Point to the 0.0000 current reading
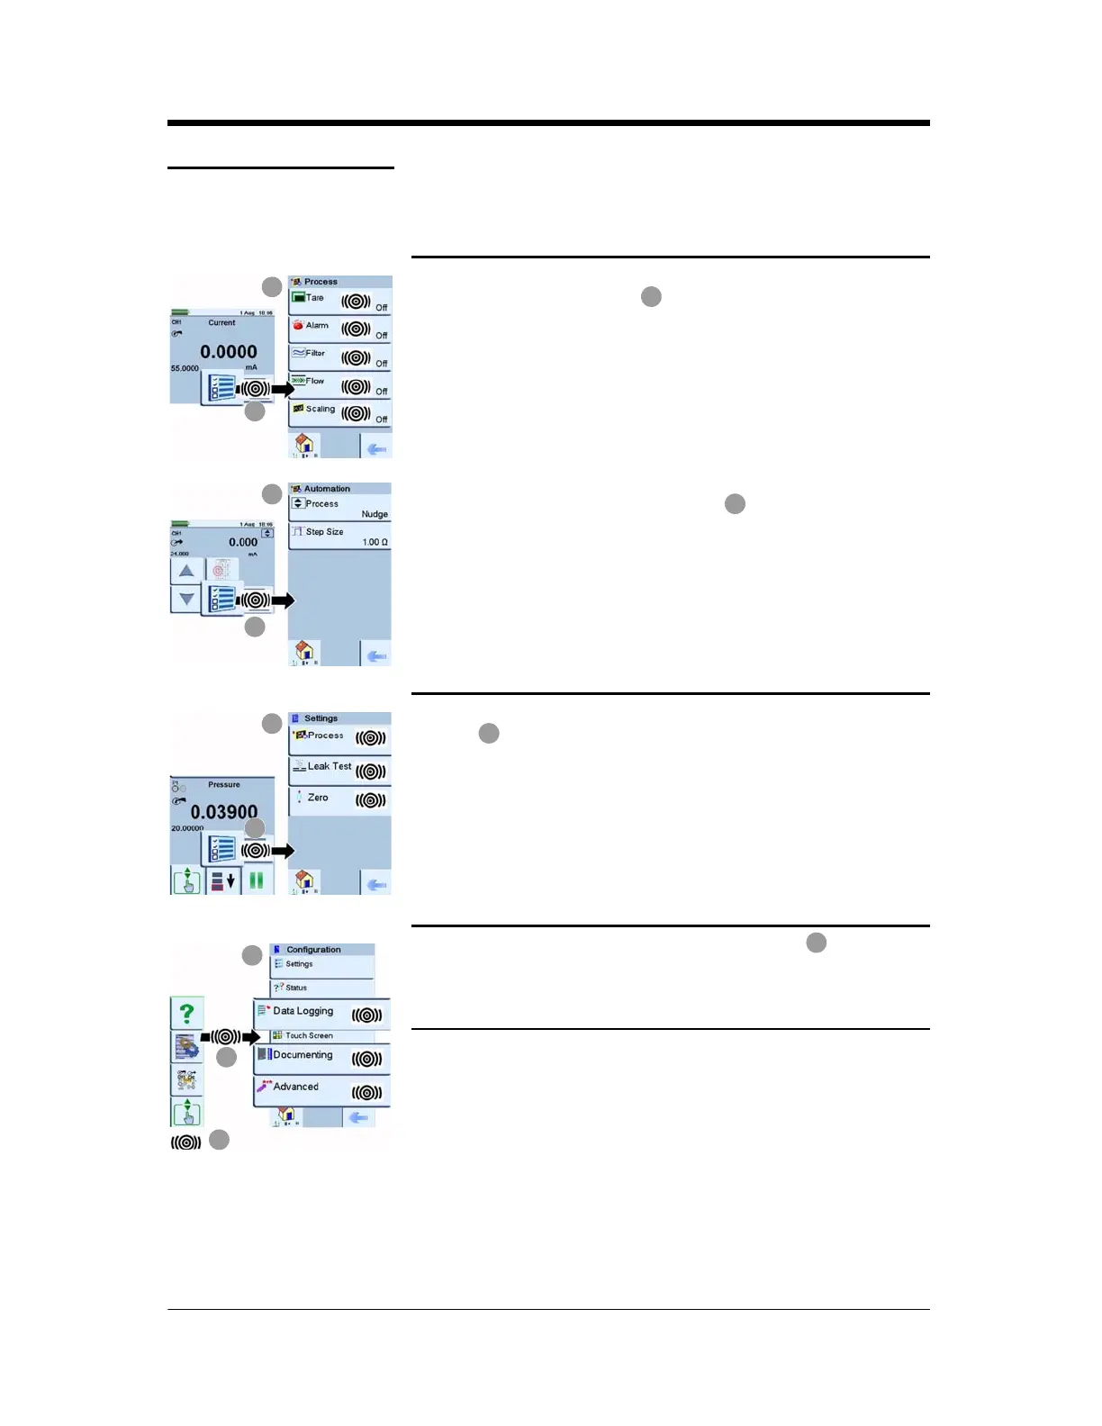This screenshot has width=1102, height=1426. (229, 352)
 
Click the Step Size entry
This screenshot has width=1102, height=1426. (324, 532)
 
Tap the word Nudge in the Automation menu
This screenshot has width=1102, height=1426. (375, 515)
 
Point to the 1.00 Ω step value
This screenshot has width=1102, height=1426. (375, 542)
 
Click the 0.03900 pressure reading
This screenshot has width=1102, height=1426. (224, 812)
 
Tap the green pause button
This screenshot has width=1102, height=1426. (257, 880)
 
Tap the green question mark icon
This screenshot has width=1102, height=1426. (186, 1013)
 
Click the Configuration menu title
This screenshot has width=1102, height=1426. (313, 950)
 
